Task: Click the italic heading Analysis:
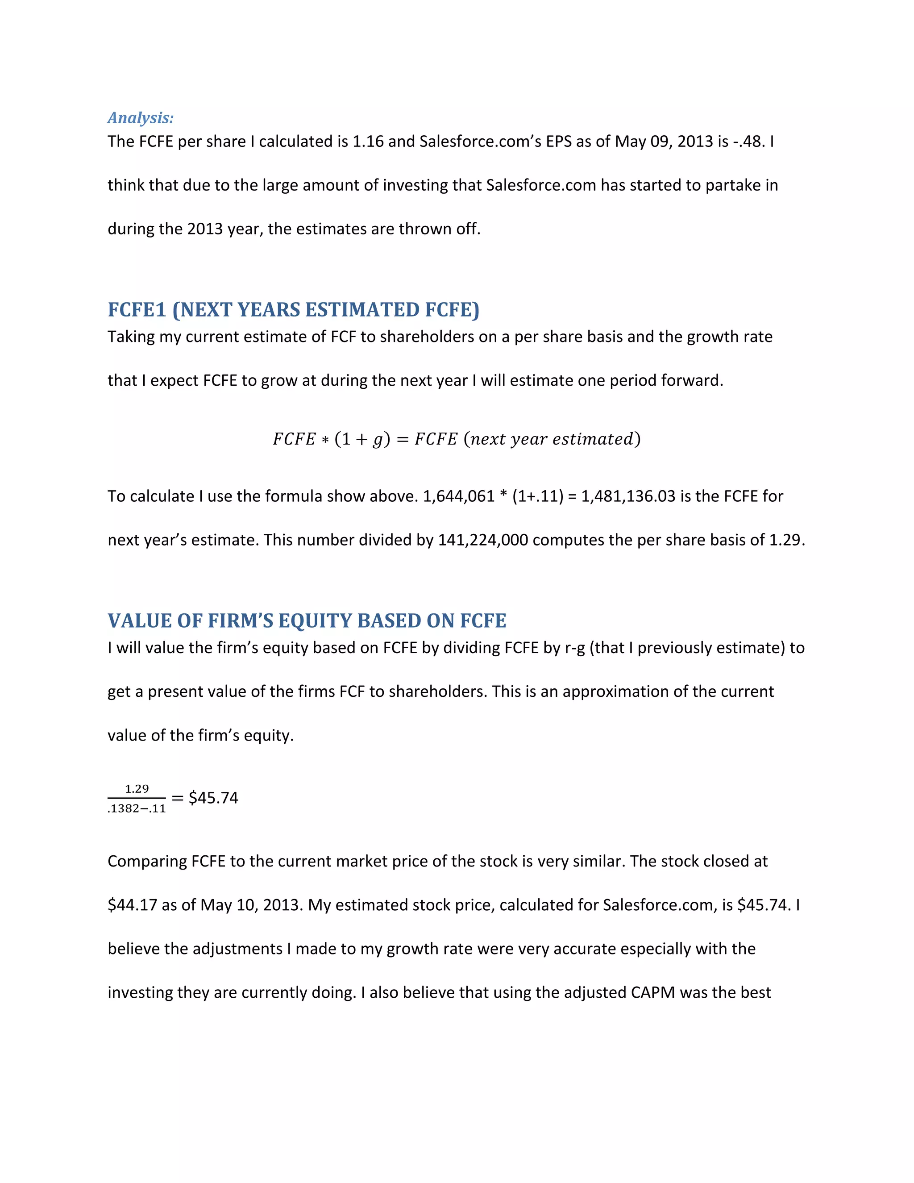pyautogui.click(x=141, y=117)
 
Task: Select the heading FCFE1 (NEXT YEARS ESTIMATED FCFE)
pyautogui.click(x=294, y=310)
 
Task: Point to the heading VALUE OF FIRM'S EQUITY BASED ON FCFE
pyautogui.click(x=307, y=621)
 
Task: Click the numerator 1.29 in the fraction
pyautogui.click(x=137, y=789)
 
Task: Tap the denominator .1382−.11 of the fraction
pyautogui.click(x=137, y=809)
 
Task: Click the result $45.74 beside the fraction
pyautogui.click(x=213, y=798)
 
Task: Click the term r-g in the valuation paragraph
pyautogui.click(x=574, y=648)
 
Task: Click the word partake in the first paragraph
pyautogui.click(x=733, y=185)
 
